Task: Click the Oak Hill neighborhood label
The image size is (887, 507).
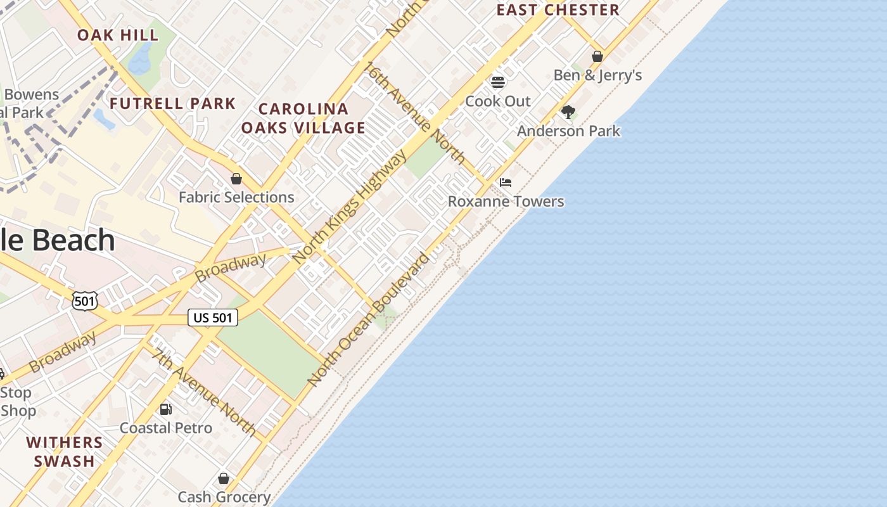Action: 118,35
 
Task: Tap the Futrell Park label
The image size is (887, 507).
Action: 172,103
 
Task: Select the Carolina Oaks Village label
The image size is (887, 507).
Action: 303,119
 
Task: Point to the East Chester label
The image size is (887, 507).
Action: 558,10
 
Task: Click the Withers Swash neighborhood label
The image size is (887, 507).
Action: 64,451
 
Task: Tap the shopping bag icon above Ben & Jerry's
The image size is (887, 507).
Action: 597,57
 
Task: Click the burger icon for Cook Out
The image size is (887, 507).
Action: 498,82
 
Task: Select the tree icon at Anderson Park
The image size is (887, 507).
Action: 568,112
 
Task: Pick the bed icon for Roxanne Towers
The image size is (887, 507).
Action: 505,183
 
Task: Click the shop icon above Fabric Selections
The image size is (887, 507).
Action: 236,179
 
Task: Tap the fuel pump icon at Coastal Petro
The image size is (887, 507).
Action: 165,409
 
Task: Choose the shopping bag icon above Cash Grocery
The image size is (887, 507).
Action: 223,478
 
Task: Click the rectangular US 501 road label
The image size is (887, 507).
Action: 213,318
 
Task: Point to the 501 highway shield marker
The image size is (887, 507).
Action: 84,301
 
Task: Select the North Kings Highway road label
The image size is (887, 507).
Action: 350,207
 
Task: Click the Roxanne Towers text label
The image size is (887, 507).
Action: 506,202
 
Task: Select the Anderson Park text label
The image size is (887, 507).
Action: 568,131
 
